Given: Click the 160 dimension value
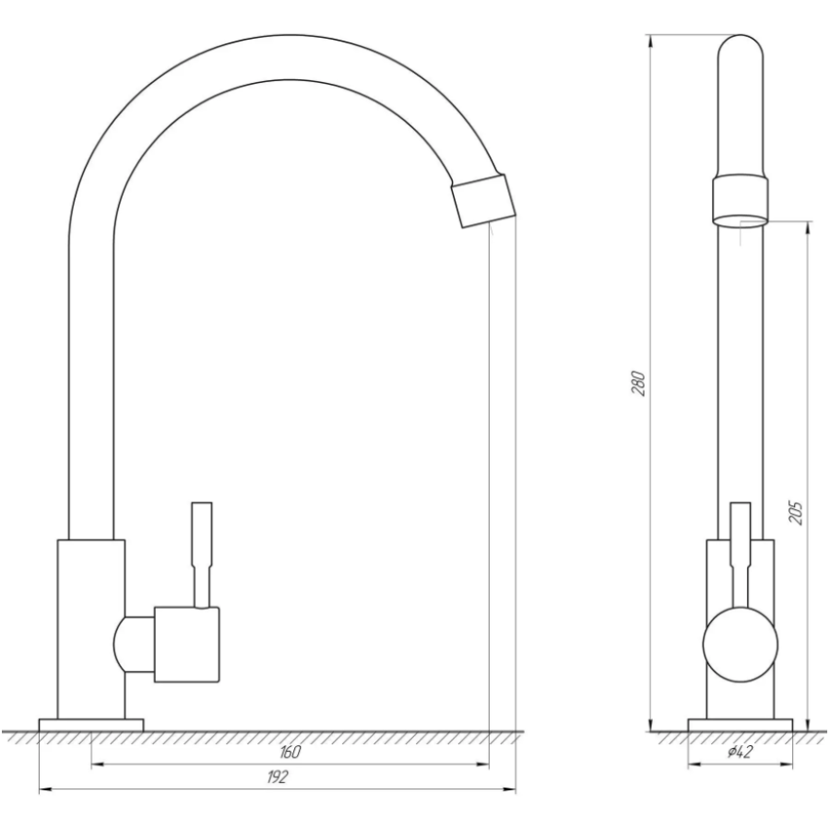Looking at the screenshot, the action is click(x=290, y=752).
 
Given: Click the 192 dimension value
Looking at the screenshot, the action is click(x=278, y=777).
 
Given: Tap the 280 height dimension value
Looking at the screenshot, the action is click(x=639, y=384).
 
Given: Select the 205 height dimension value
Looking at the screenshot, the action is click(x=796, y=513).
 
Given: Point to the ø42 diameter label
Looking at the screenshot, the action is click(x=740, y=752).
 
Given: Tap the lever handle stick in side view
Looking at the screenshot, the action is click(x=740, y=554).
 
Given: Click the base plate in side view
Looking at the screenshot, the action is click(x=740, y=725).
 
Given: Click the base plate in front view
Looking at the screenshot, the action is click(x=91, y=725).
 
